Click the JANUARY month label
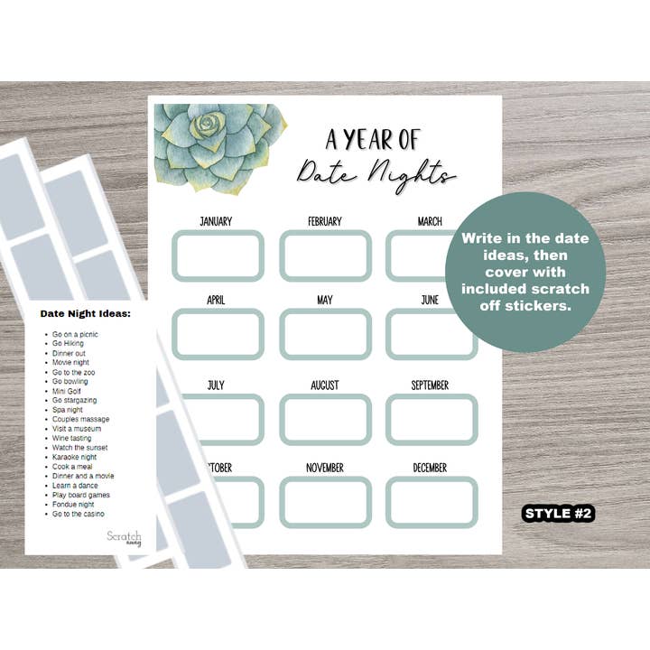(216, 221)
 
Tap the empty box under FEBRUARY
(325, 255)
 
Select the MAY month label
(325, 300)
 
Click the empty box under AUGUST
(325, 419)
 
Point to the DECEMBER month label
(430, 468)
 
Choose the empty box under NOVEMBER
(325, 501)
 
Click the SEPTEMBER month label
(430, 385)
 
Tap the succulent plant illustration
(219, 146)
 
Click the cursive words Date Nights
(376, 172)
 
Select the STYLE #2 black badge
(559, 513)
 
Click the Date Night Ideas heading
(85, 314)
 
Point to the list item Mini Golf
(68, 391)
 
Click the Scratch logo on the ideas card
(125, 537)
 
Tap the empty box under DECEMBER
(432, 501)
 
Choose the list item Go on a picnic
(75, 334)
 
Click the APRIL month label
(216, 300)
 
